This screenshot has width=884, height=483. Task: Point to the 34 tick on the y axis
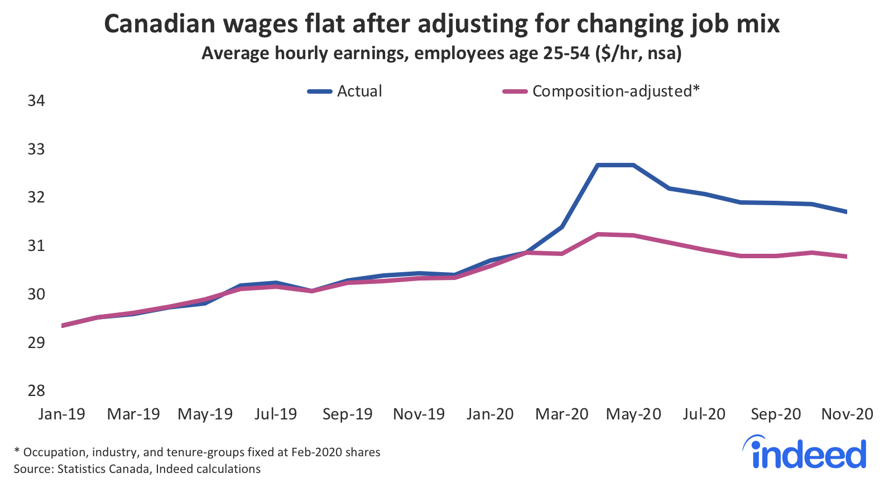[36, 100]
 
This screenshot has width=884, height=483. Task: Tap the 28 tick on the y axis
[36, 390]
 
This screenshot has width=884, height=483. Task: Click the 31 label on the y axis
[36, 245]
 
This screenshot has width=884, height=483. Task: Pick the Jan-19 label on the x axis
[62, 414]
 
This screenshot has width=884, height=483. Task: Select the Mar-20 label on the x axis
[562, 414]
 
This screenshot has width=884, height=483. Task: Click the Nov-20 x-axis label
[847, 414]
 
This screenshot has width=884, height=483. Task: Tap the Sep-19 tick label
[348, 414]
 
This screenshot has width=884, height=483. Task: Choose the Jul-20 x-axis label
[704, 414]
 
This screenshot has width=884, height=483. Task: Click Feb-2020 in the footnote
[316, 452]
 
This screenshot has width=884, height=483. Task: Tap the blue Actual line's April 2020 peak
[598, 165]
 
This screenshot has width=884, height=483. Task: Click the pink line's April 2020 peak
[598, 234]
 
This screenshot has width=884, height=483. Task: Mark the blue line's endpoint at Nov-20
[847, 212]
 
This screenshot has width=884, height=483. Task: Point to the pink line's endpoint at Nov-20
[847, 257]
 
